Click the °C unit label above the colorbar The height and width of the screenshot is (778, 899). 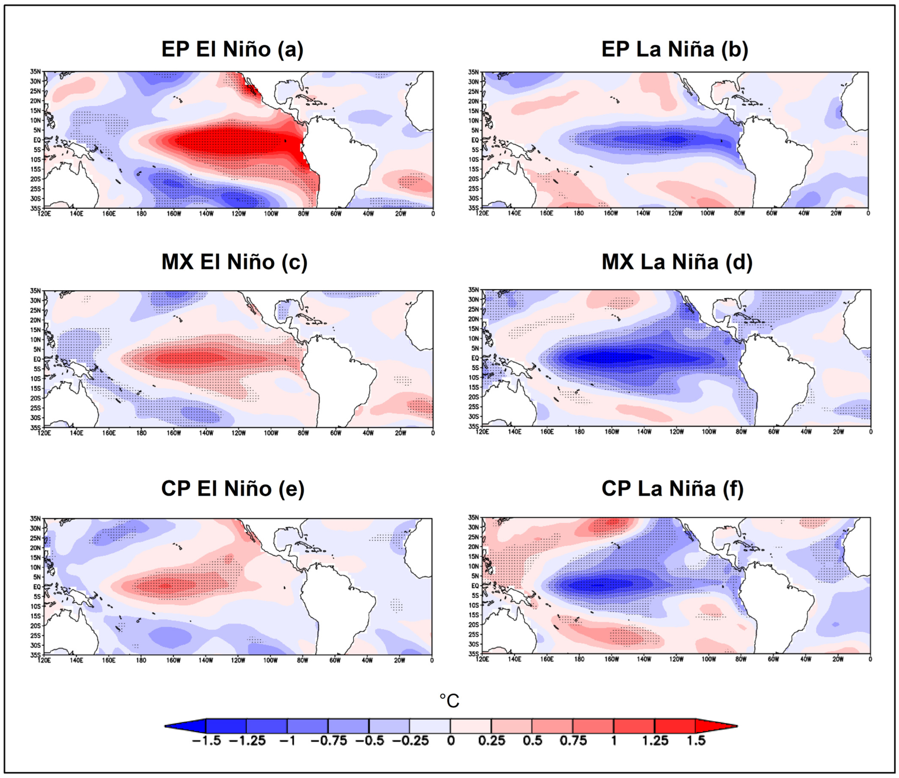point(449,701)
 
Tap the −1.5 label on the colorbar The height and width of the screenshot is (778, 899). point(206,741)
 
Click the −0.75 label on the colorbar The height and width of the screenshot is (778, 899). point(329,741)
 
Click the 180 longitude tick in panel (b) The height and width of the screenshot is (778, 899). point(579,213)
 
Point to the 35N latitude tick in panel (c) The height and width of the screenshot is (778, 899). point(35,291)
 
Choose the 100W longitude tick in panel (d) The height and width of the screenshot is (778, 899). point(709,432)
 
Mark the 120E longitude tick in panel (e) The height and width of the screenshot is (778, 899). point(44,660)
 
